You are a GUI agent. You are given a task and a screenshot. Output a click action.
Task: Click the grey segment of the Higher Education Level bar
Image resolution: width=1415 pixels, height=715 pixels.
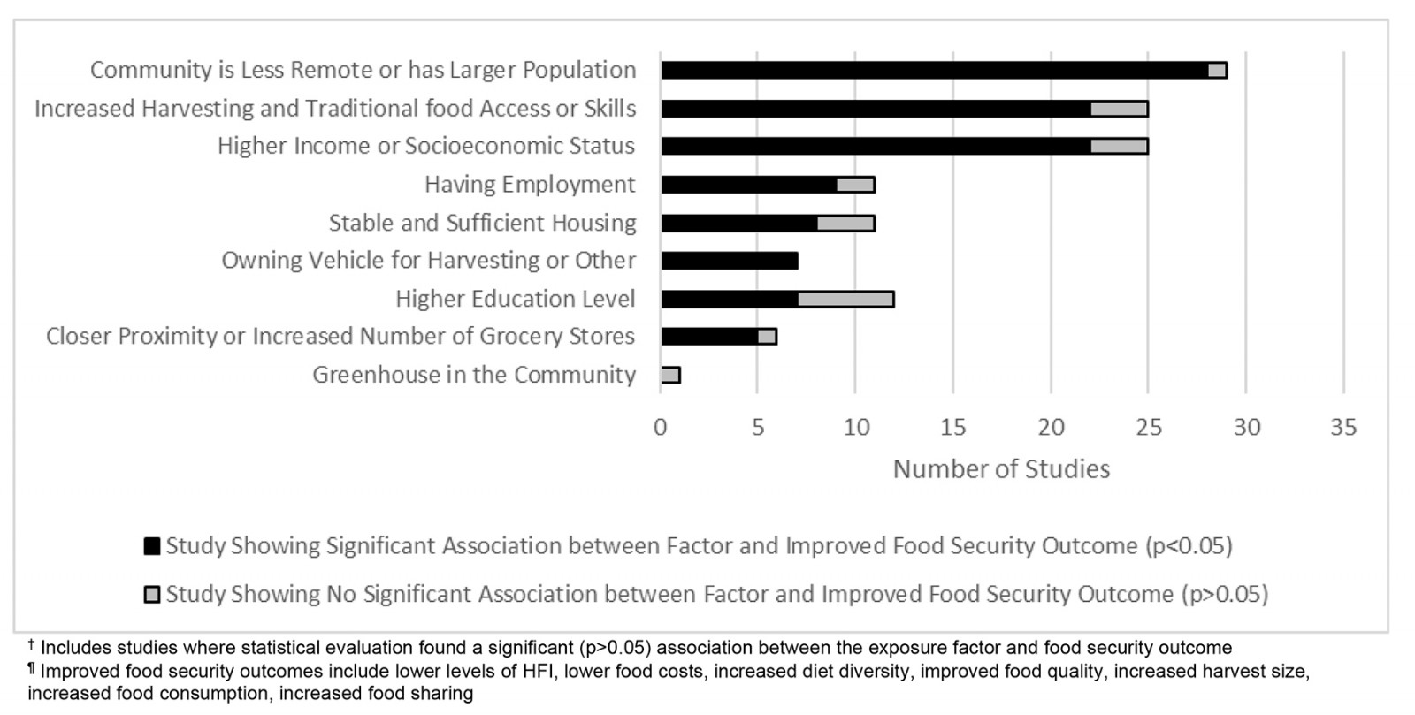[x=845, y=299]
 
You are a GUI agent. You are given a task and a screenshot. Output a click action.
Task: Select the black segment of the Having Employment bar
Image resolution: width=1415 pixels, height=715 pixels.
[x=749, y=185]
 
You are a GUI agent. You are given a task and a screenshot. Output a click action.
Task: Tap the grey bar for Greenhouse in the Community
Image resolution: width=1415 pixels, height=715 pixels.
[x=670, y=375]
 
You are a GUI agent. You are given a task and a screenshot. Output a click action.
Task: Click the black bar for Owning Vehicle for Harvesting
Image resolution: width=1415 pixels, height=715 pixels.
[x=730, y=261]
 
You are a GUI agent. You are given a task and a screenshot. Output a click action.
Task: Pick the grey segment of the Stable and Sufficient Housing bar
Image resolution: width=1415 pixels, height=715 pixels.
[x=845, y=223]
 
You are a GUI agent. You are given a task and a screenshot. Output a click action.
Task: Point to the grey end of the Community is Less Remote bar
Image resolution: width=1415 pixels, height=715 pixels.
[x=1218, y=71]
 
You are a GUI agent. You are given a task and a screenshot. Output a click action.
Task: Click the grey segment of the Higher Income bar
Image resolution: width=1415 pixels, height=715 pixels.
[x=1119, y=146]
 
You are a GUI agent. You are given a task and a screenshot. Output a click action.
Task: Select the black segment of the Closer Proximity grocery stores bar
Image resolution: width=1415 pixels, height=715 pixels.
[x=709, y=337]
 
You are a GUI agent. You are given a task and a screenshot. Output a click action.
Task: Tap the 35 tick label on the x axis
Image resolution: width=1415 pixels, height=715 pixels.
[x=1343, y=428]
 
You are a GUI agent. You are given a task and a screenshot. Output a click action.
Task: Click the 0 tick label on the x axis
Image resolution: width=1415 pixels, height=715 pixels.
[x=661, y=428]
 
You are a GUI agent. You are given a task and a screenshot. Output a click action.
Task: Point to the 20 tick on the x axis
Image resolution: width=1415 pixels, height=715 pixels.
[x=1052, y=428]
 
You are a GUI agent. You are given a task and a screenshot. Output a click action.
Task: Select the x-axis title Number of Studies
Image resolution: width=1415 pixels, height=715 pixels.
[x=1001, y=469]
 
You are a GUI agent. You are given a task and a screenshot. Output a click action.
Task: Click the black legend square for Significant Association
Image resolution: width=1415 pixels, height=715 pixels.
[x=152, y=546]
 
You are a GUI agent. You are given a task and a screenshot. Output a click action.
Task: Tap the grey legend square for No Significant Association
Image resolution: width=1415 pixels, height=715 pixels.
[x=152, y=595]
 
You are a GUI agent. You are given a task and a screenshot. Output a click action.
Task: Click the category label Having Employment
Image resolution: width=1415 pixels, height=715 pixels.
[x=530, y=185]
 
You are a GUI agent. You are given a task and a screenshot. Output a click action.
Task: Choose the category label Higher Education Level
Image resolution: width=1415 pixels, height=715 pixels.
[x=516, y=299]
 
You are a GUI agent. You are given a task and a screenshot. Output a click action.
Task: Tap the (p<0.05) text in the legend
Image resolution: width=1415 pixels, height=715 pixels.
[x=1189, y=546]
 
